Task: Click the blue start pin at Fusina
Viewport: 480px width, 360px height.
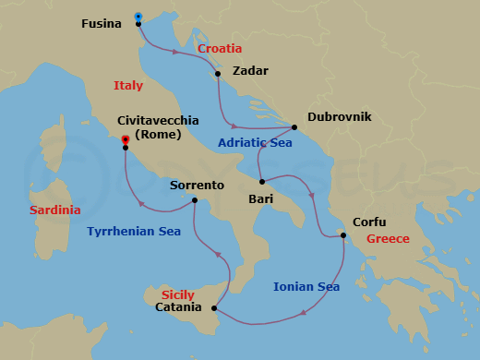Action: (138, 17)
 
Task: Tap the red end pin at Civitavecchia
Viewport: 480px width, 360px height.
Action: (125, 141)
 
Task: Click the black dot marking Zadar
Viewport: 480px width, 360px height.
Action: (218, 74)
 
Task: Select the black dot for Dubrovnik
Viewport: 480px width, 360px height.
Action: (294, 126)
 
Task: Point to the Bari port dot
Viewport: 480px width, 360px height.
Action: (262, 181)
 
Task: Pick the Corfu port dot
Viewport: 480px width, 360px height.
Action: (343, 236)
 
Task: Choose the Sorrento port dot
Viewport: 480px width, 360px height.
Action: (195, 200)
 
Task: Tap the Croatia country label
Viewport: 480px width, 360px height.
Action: (220, 48)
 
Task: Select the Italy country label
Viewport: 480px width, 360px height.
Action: (128, 85)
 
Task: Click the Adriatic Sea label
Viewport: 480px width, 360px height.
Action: (255, 143)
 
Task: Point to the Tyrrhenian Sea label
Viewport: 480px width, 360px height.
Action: (134, 232)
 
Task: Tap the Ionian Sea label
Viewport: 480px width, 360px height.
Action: (306, 287)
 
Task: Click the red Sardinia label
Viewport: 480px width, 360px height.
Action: (54, 210)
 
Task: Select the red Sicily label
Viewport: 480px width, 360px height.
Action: (177, 294)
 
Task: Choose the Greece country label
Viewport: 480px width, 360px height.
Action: (388, 238)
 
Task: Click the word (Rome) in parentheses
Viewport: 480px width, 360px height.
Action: (158, 135)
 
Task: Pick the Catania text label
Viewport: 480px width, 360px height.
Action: (177, 307)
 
